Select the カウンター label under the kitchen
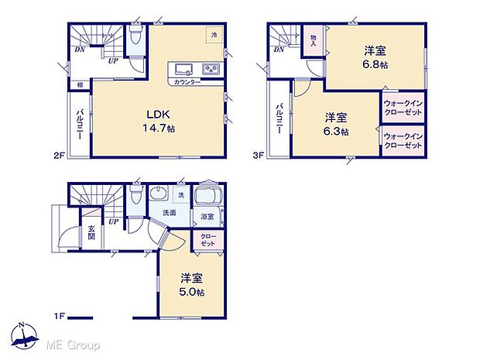click(187, 81)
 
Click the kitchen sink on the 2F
click(185, 68)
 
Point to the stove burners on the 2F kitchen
click(210, 68)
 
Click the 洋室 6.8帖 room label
click(376, 57)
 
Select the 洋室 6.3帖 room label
click(336, 124)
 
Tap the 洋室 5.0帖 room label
click(192, 284)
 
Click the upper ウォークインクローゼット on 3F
click(403, 108)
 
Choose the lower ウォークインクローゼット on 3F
click(403, 141)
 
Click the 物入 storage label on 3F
click(313, 40)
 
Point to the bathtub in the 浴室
click(207, 198)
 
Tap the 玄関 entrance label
click(90, 232)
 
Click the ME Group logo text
click(74, 344)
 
